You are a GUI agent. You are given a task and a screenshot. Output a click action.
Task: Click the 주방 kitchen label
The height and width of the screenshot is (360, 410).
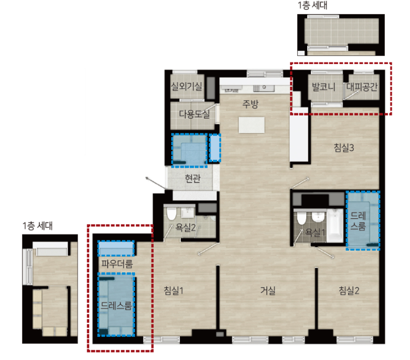point(250,104)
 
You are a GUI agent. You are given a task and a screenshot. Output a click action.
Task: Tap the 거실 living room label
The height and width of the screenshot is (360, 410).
point(268,290)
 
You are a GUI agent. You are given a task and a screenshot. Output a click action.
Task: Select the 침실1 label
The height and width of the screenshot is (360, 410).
point(174,290)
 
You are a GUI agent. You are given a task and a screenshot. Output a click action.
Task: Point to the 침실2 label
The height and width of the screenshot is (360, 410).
point(349,290)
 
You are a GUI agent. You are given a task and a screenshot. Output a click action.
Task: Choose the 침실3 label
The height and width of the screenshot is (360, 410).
point(344,148)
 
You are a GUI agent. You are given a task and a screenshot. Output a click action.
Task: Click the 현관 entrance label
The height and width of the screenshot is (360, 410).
point(192,178)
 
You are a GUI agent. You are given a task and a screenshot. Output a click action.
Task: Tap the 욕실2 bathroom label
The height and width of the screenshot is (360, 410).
point(185,227)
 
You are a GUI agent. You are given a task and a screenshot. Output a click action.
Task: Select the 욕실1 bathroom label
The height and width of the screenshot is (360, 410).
point(315,232)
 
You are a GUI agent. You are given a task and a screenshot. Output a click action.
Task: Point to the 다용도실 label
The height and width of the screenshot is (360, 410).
point(194,114)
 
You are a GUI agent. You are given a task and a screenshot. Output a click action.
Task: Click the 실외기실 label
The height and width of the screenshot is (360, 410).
point(186,86)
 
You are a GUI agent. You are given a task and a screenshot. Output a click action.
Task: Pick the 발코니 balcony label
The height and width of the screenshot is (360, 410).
point(323,87)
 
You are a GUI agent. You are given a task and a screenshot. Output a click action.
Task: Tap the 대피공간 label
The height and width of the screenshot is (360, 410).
point(362,87)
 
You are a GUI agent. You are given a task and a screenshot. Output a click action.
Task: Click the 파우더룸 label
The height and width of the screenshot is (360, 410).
point(117,263)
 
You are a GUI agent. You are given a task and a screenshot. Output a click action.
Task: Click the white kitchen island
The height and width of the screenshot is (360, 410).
point(251,125)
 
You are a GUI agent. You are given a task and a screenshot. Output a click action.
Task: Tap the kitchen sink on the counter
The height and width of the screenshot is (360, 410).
point(264,88)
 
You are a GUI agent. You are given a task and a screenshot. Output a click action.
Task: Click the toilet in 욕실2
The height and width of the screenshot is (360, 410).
point(172,213)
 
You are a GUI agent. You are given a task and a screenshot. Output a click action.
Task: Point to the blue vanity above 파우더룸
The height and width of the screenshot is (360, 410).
point(116,248)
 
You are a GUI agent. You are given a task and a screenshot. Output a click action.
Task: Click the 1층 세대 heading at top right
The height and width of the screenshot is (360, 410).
point(312,5)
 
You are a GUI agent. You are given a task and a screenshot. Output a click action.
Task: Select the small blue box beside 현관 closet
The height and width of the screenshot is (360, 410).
point(215,148)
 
